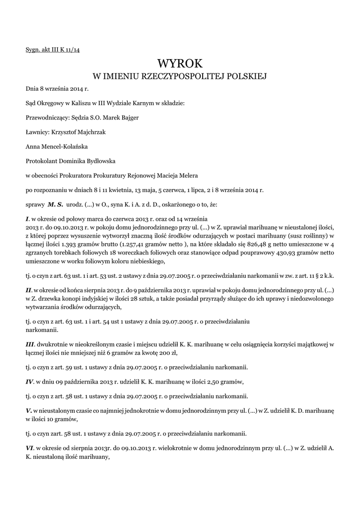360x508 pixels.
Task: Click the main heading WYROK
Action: [180, 63]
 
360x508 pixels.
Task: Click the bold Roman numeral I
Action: [27, 218]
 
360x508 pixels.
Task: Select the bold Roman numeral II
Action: [28, 289]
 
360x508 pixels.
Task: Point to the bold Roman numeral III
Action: [30, 343]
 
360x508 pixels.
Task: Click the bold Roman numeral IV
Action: [29, 381]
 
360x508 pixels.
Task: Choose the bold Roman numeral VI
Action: [29, 448]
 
